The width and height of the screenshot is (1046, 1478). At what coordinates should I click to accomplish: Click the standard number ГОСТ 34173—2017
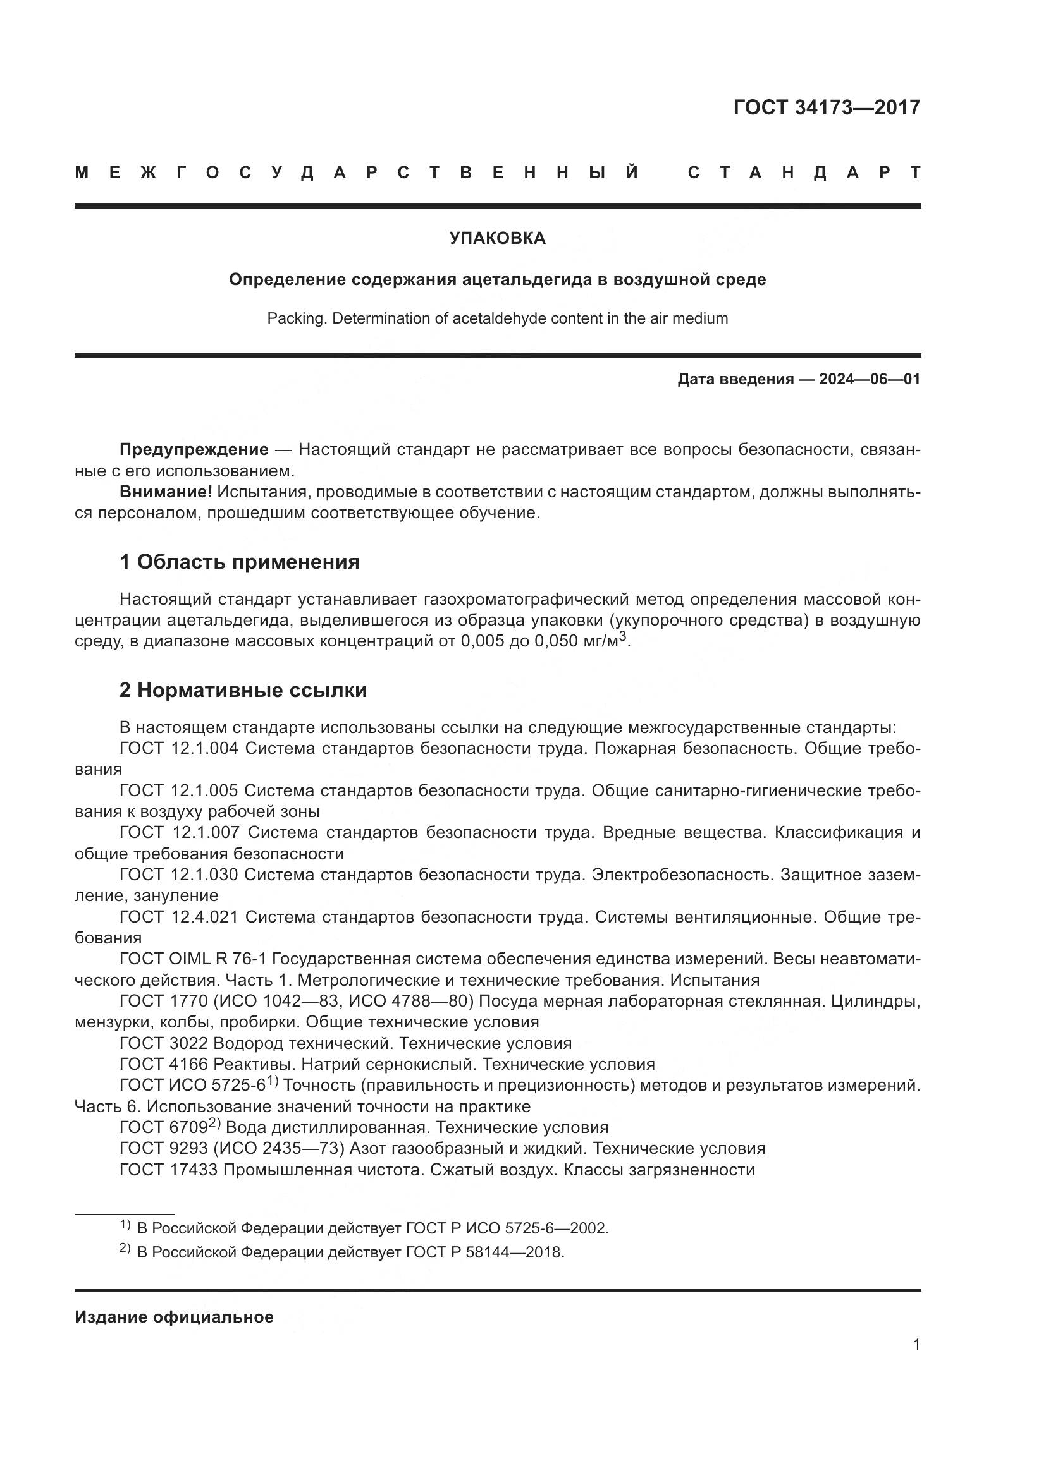[x=827, y=107]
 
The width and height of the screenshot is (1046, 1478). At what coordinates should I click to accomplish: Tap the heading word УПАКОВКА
[x=497, y=238]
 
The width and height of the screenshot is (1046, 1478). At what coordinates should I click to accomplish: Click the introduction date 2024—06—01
[x=870, y=379]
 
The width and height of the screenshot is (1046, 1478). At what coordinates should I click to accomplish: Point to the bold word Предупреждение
[x=194, y=449]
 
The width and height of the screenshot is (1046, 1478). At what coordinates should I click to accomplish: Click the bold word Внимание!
[x=166, y=492]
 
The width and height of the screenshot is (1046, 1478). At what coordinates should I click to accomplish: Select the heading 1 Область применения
[x=239, y=562]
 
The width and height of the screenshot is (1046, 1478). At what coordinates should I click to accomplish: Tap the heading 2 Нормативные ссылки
[x=243, y=690]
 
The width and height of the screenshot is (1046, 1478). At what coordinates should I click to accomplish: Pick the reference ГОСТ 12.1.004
[x=178, y=749]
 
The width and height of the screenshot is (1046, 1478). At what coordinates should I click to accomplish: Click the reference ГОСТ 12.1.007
[x=179, y=832]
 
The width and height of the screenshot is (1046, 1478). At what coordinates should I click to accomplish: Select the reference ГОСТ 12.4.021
[x=178, y=917]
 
